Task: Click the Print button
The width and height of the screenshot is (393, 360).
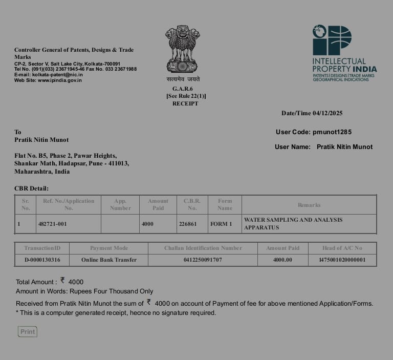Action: click(28, 332)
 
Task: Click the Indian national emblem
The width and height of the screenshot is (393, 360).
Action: click(182, 49)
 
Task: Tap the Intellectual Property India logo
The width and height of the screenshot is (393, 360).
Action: click(344, 53)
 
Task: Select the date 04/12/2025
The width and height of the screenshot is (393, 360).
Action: click(327, 113)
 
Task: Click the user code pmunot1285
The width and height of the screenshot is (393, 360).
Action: click(332, 132)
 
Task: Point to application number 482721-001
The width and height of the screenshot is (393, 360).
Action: click(52, 224)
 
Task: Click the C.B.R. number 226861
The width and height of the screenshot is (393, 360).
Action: click(187, 224)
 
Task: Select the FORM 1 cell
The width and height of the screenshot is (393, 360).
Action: click(221, 224)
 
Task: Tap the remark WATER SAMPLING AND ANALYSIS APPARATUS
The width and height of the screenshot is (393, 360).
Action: click(293, 223)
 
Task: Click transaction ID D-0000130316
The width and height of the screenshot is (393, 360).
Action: click(42, 260)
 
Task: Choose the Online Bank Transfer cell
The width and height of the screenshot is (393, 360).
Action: click(109, 260)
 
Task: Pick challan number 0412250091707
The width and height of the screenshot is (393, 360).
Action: click(203, 260)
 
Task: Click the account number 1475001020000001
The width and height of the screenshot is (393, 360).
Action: click(342, 260)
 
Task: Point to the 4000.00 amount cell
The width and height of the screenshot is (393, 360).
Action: click(282, 260)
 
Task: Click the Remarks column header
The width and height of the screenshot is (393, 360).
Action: click(309, 205)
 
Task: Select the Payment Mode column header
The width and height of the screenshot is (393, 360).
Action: click(109, 248)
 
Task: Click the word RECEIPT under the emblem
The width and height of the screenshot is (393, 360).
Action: click(185, 103)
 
